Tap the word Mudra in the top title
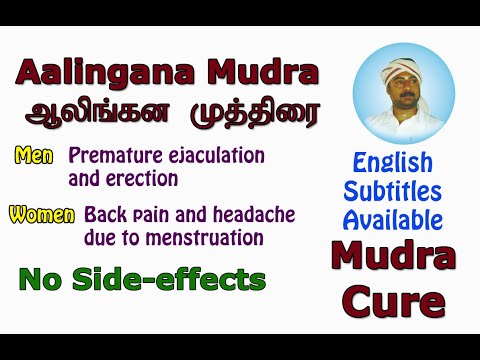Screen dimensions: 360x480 click(x=265, y=72)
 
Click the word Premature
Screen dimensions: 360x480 click(x=111, y=156)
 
